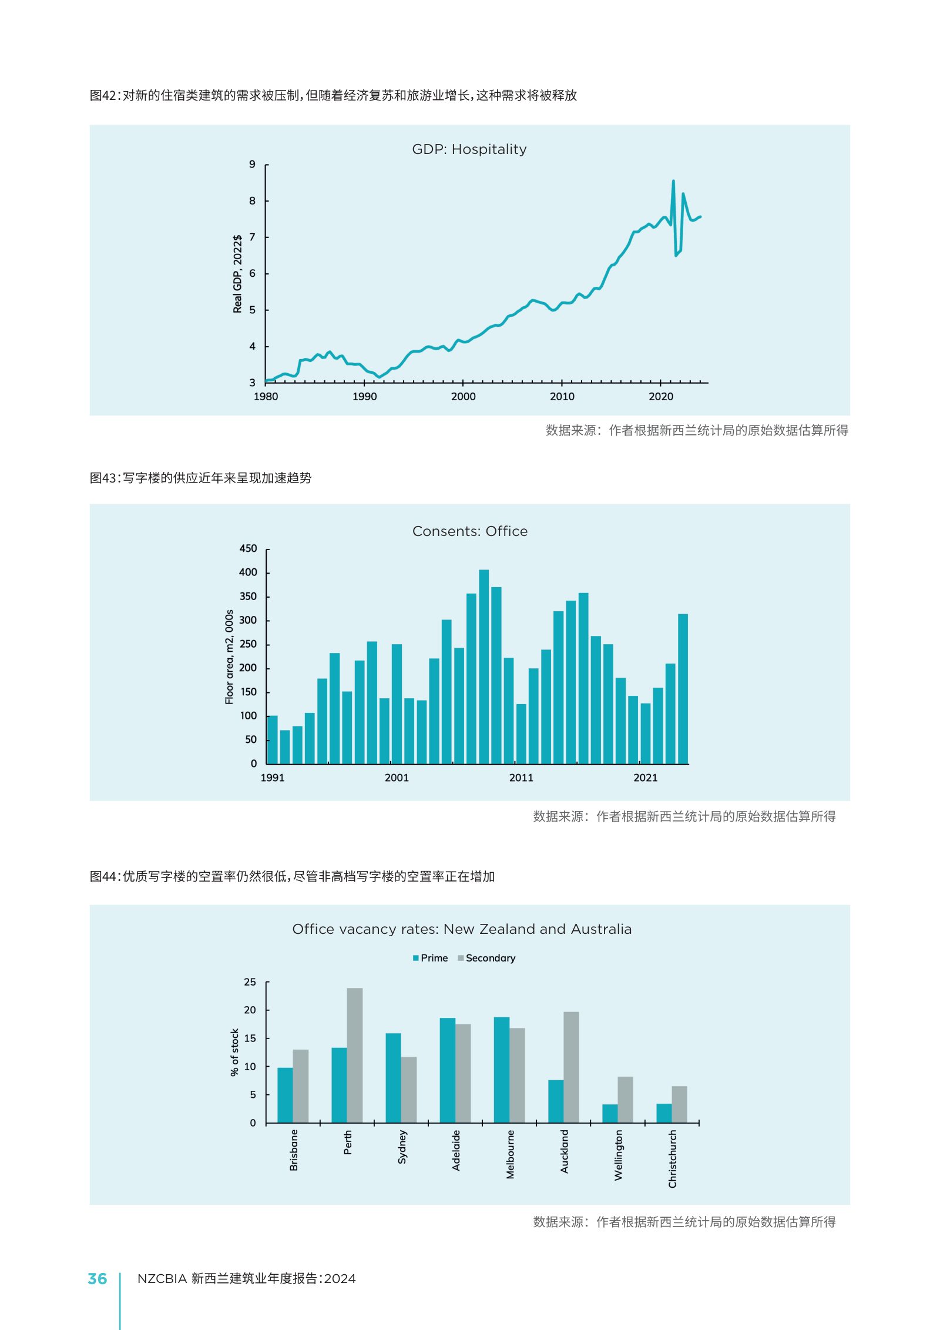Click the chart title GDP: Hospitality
(469, 149)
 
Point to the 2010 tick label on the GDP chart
(562, 397)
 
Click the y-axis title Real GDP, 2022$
(237, 274)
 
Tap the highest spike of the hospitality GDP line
(673, 181)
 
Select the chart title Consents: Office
(470, 531)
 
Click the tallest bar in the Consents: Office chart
(484, 666)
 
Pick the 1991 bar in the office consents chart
(273, 739)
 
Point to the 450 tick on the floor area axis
(248, 548)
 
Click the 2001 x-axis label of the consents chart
(397, 778)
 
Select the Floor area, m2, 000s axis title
(229, 656)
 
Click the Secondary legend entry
(486, 958)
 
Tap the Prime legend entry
(430, 958)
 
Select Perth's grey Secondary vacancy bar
(355, 1056)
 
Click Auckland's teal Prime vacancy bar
(556, 1101)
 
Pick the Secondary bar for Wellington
(625, 1100)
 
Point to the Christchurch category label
(672, 1158)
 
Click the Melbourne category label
(510, 1154)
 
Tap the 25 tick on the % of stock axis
(250, 982)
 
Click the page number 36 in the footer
(98, 1279)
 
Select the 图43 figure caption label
(103, 478)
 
